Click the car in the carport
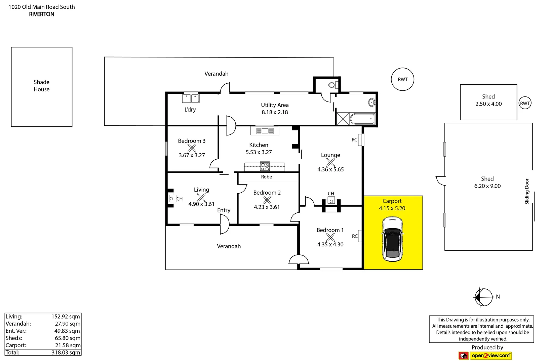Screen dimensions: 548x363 [x=392, y=239]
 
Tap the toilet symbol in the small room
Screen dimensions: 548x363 [x=333, y=85]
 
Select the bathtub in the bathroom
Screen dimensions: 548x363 [x=362, y=119]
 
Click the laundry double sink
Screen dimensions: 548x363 [x=191, y=98]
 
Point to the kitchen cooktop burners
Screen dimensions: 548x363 [x=265, y=166]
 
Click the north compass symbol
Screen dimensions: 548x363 [x=484, y=297]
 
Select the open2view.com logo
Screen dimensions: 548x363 [x=485, y=355]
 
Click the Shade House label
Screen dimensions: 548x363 [x=42, y=86]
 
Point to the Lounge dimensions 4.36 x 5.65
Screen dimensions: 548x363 [x=330, y=169]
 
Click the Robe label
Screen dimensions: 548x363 [x=266, y=176]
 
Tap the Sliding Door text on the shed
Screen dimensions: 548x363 [x=527, y=191]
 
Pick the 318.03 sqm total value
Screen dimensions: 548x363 [x=66, y=352]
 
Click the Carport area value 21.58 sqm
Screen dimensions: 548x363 [x=68, y=345]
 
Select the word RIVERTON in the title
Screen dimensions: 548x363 [x=42, y=14]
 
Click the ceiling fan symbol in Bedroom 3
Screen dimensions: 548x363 [x=192, y=148]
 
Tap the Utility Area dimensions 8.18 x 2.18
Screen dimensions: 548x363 [x=275, y=112]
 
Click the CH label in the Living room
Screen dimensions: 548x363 [x=179, y=199]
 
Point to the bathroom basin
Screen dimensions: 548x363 [x=371, y=102]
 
